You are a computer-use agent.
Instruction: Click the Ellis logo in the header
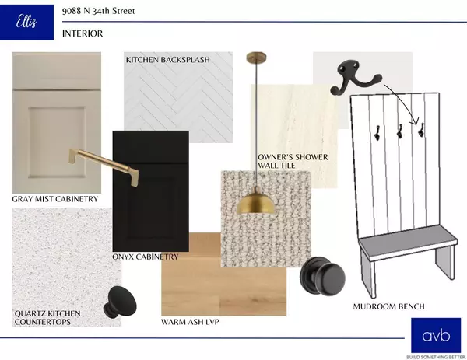point(26,23)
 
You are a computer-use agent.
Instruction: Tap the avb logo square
point(436,335)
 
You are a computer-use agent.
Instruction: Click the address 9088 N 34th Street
point(99,11)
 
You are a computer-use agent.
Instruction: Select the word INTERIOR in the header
point(83,33)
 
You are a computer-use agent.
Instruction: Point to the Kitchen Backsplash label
point(168,60)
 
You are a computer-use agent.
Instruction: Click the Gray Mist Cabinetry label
point(55,199)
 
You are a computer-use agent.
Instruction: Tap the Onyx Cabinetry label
point(146,257)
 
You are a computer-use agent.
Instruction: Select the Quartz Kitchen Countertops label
point(47,318)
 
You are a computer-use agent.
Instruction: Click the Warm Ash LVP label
point(190,322)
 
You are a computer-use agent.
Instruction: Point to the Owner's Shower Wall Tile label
point(293,161)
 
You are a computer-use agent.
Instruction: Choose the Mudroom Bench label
point(388,306)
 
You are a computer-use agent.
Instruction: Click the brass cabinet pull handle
point(104,166)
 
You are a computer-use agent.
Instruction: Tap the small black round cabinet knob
point(120,302)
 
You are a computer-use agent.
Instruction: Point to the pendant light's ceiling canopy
point(256,57)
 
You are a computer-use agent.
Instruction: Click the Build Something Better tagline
point(436,357)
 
